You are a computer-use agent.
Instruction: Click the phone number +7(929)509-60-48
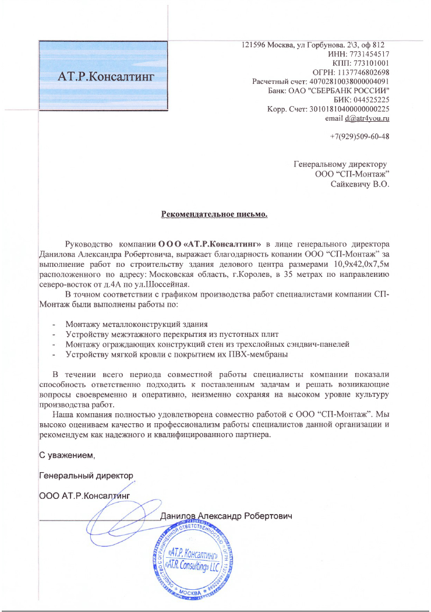pos(359,137)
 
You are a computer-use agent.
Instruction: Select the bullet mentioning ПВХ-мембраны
pos(177,354)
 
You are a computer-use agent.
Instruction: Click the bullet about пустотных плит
pos(172,334)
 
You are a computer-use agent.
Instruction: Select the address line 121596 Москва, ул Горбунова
pos(313,45)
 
